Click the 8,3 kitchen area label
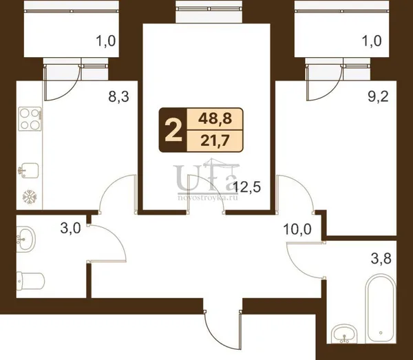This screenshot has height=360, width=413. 118,96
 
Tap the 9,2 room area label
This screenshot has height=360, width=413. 378,96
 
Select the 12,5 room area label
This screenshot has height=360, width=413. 247,187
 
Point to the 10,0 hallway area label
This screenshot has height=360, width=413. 297,229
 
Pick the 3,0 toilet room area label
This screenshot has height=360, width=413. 70,229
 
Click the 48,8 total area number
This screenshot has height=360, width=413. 215,119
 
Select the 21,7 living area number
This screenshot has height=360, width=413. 214,141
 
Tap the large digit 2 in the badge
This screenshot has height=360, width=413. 173,130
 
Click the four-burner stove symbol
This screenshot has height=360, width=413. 30,119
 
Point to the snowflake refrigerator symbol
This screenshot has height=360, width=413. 30,196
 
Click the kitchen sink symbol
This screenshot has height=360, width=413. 28,171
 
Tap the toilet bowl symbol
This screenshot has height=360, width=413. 30,282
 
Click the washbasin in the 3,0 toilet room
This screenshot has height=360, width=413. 26,239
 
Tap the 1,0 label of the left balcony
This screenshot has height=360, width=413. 106,41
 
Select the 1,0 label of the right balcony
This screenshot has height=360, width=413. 372,41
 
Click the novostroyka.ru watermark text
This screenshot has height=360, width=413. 208,198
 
